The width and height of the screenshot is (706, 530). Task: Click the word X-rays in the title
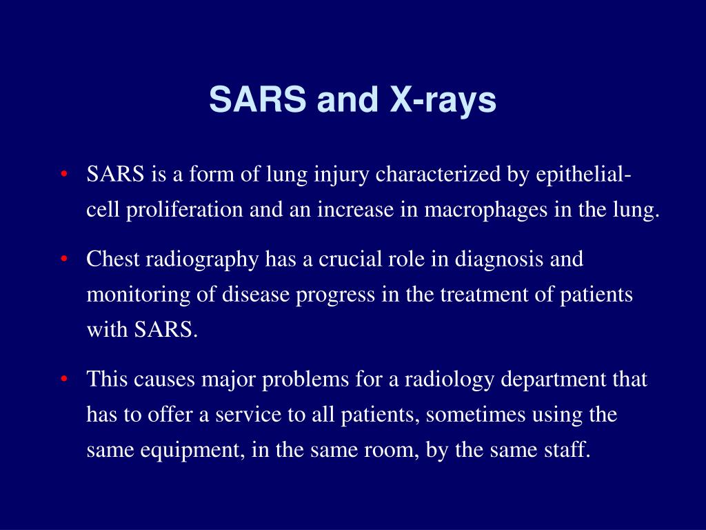[443, 100]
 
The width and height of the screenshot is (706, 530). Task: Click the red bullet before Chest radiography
[63, 259]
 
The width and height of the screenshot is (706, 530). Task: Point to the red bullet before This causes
[63, 380]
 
